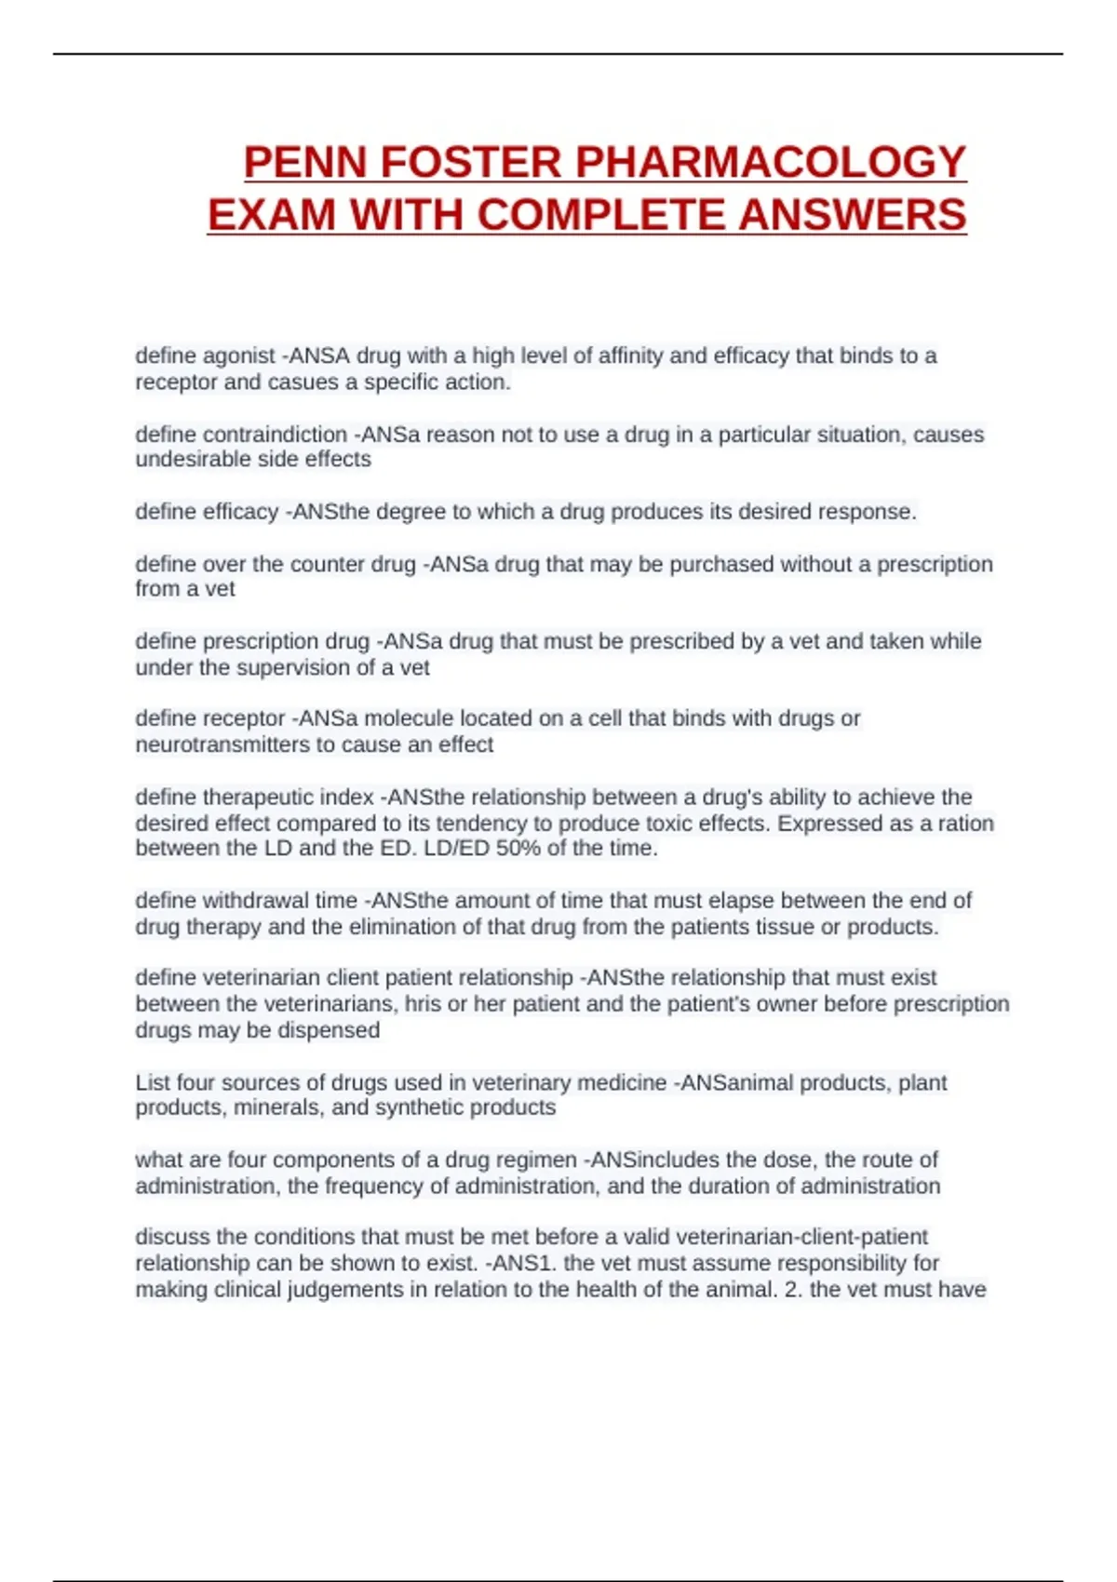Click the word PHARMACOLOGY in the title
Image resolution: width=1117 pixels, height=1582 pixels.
[x=771, y=162]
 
